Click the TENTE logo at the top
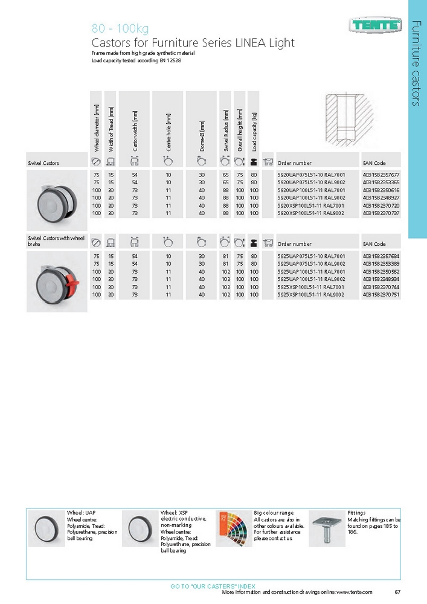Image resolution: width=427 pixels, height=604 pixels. pos(374,25)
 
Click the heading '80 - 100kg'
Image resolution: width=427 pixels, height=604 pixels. pos(120,28)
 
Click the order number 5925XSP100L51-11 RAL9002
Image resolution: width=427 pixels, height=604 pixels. pos(310,295)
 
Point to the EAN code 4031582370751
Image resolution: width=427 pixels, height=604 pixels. pos(381,295)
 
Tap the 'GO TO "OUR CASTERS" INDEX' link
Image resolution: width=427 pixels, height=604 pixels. pos(213,586)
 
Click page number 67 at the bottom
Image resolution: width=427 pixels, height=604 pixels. pos(397,592)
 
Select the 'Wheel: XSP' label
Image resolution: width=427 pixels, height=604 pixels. pos(175,513)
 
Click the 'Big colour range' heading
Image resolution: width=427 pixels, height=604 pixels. pos(274,513)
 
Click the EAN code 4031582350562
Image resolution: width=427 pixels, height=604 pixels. pos(381,272)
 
